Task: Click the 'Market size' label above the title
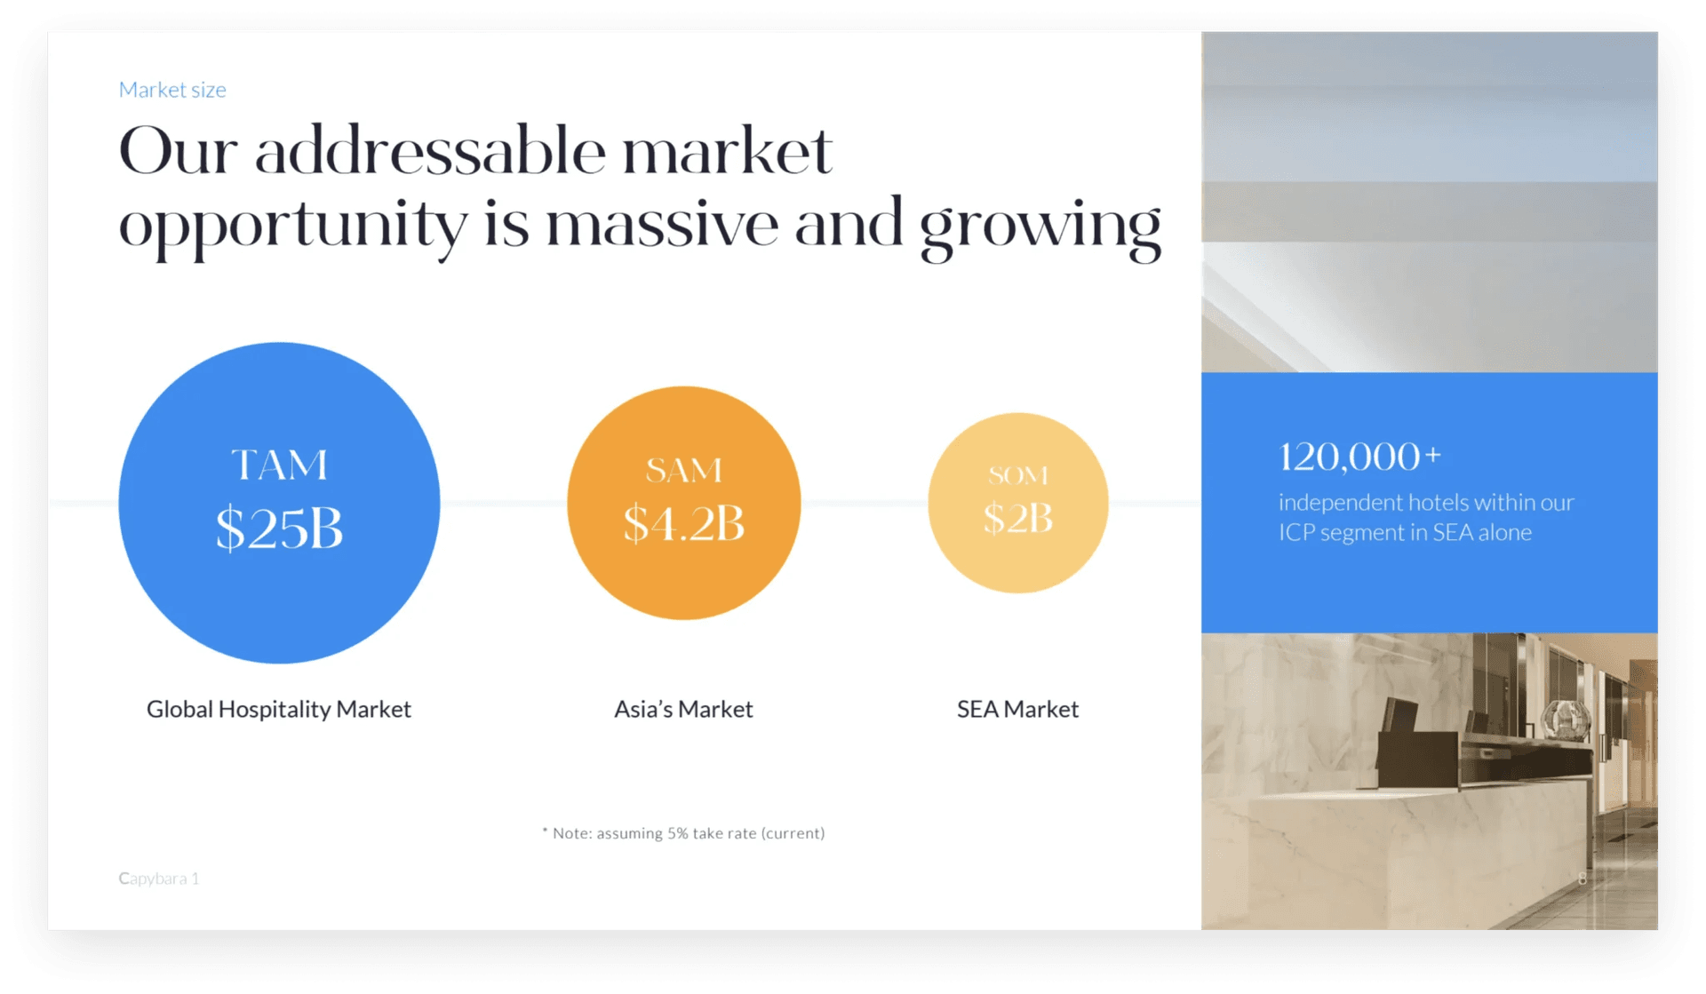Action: click(x=172, y=90)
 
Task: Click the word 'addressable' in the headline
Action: click(x=430, y=150)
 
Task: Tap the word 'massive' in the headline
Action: click(x=662, y=225)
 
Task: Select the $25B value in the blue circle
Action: click(x=279, y=529)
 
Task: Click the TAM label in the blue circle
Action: click(x=279, y=465)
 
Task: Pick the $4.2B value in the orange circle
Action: click(x=683, y=522)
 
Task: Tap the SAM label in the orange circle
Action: click(x=683, y=470)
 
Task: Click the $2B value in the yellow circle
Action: click(x=1018, y=518)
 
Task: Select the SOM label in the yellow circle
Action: click(x=1018, y=475)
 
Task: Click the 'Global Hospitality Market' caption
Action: click(x=279, y=709)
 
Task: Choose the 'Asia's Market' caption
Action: click(x=683, y=709)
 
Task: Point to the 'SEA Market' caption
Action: click(x=1018, y=709)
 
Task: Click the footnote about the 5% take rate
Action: click(x=683, y=833)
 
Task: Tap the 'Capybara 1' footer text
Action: click(x=159, y=879)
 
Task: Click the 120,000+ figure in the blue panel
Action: click(x=1359, y=457)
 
